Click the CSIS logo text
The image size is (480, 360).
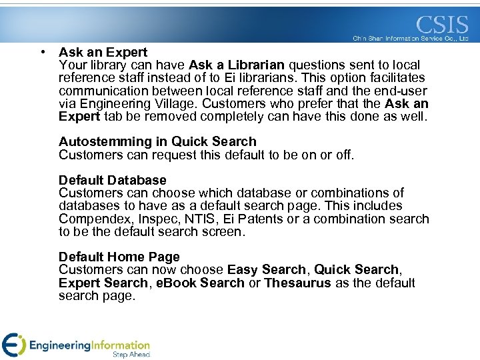(442, 25)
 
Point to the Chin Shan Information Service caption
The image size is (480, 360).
(411, 39)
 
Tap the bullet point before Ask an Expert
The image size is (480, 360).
(42, 51)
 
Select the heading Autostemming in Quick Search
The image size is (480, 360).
(157, 141)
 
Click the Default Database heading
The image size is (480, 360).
(113, 180)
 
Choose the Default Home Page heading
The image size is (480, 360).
(119, 257)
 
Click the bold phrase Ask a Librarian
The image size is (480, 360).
(237, 65)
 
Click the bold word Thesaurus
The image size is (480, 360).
(297, 283)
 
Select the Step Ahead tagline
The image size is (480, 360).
(131, 355)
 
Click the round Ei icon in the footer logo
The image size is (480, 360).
(13, 344)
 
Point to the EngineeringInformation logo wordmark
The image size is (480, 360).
(89, 345)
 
